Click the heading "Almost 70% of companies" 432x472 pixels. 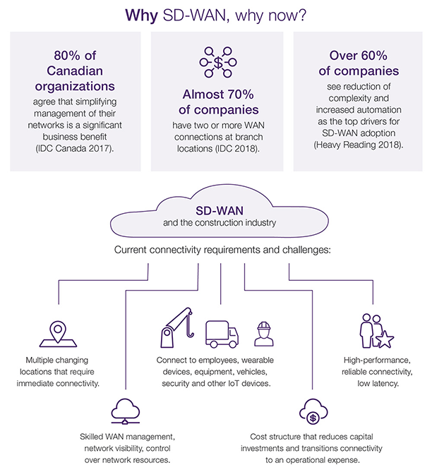(x=216, y=102)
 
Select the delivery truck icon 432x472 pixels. (x=220, y=334)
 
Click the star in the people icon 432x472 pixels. (x=385, y=340)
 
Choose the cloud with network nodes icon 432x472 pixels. (x=126, y=409)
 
